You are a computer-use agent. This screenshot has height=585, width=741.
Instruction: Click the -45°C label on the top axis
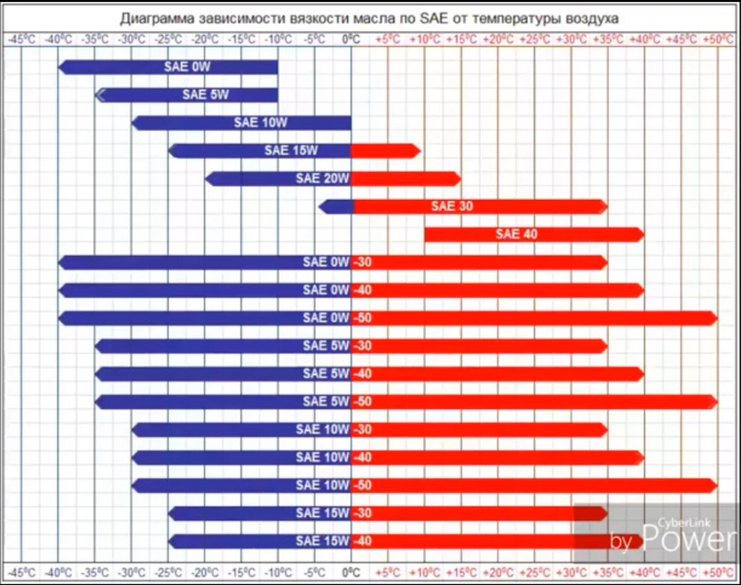pos(22,39)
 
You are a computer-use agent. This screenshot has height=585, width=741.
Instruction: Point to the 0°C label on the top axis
pos(351,39)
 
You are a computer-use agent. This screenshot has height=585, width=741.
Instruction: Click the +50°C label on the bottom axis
pos(717,571)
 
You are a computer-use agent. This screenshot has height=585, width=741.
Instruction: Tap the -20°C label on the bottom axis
pos(204,571)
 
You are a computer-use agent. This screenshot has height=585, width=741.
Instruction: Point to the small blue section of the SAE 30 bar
pos(337,207)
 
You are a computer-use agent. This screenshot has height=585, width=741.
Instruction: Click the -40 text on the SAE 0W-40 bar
pos(362,290)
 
